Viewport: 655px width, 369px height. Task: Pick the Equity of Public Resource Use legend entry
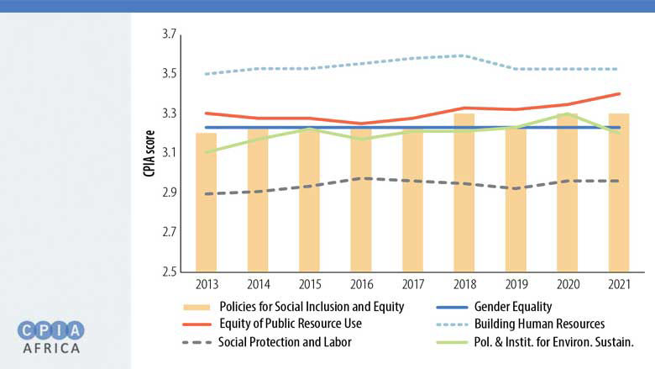coord(292,324)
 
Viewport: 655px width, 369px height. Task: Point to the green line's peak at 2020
coord(567,113)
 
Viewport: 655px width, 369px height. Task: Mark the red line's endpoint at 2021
coord(619,94)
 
